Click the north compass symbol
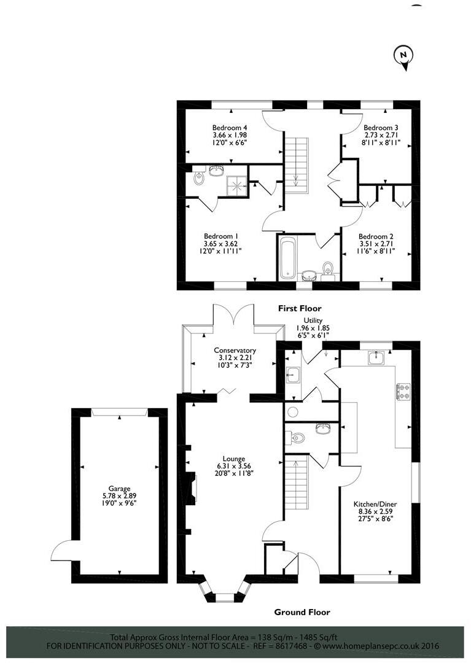tap(402, 56)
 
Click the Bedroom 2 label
tap(376, 236)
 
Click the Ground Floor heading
tap(302, 612)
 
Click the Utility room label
tap(313, 320)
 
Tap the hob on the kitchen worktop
tap(403, 391)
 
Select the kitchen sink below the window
tap(376, 357)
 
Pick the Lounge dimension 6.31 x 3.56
tap(234, 466)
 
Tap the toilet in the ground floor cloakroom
tap(297, 438)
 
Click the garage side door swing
tap(61, 551)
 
